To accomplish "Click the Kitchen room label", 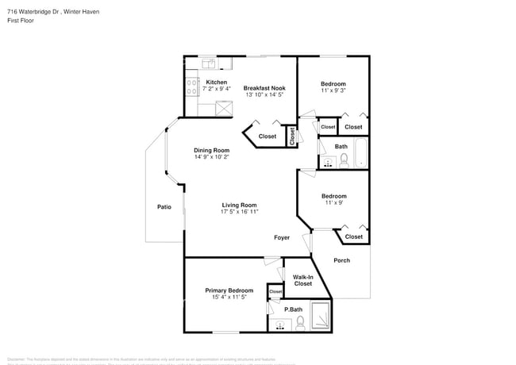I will (x=217, y=83).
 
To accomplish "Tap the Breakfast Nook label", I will (x=264, y=87).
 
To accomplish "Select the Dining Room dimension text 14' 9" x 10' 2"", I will (x=212, y=157).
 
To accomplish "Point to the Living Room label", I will (x=239, y=205).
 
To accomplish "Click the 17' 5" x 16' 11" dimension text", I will (x=239, y=213).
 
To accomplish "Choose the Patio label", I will (x=164, y=207).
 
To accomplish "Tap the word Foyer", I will (x=282, y=237).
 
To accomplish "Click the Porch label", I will (x=341, y=260).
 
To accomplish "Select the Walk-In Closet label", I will (x=302, y=280).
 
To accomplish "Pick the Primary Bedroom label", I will (x=229, y=290).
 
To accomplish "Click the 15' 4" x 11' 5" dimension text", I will (x=229, y=298).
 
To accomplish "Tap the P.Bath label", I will (x=294, y=309).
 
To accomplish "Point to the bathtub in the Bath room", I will (x=361, y=153).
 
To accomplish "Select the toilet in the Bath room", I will (x=344, y=161).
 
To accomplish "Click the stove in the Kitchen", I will (x=192, y=86).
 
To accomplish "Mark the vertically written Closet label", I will (x=291, y=136).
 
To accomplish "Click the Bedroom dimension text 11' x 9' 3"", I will (x=333, y=91).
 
